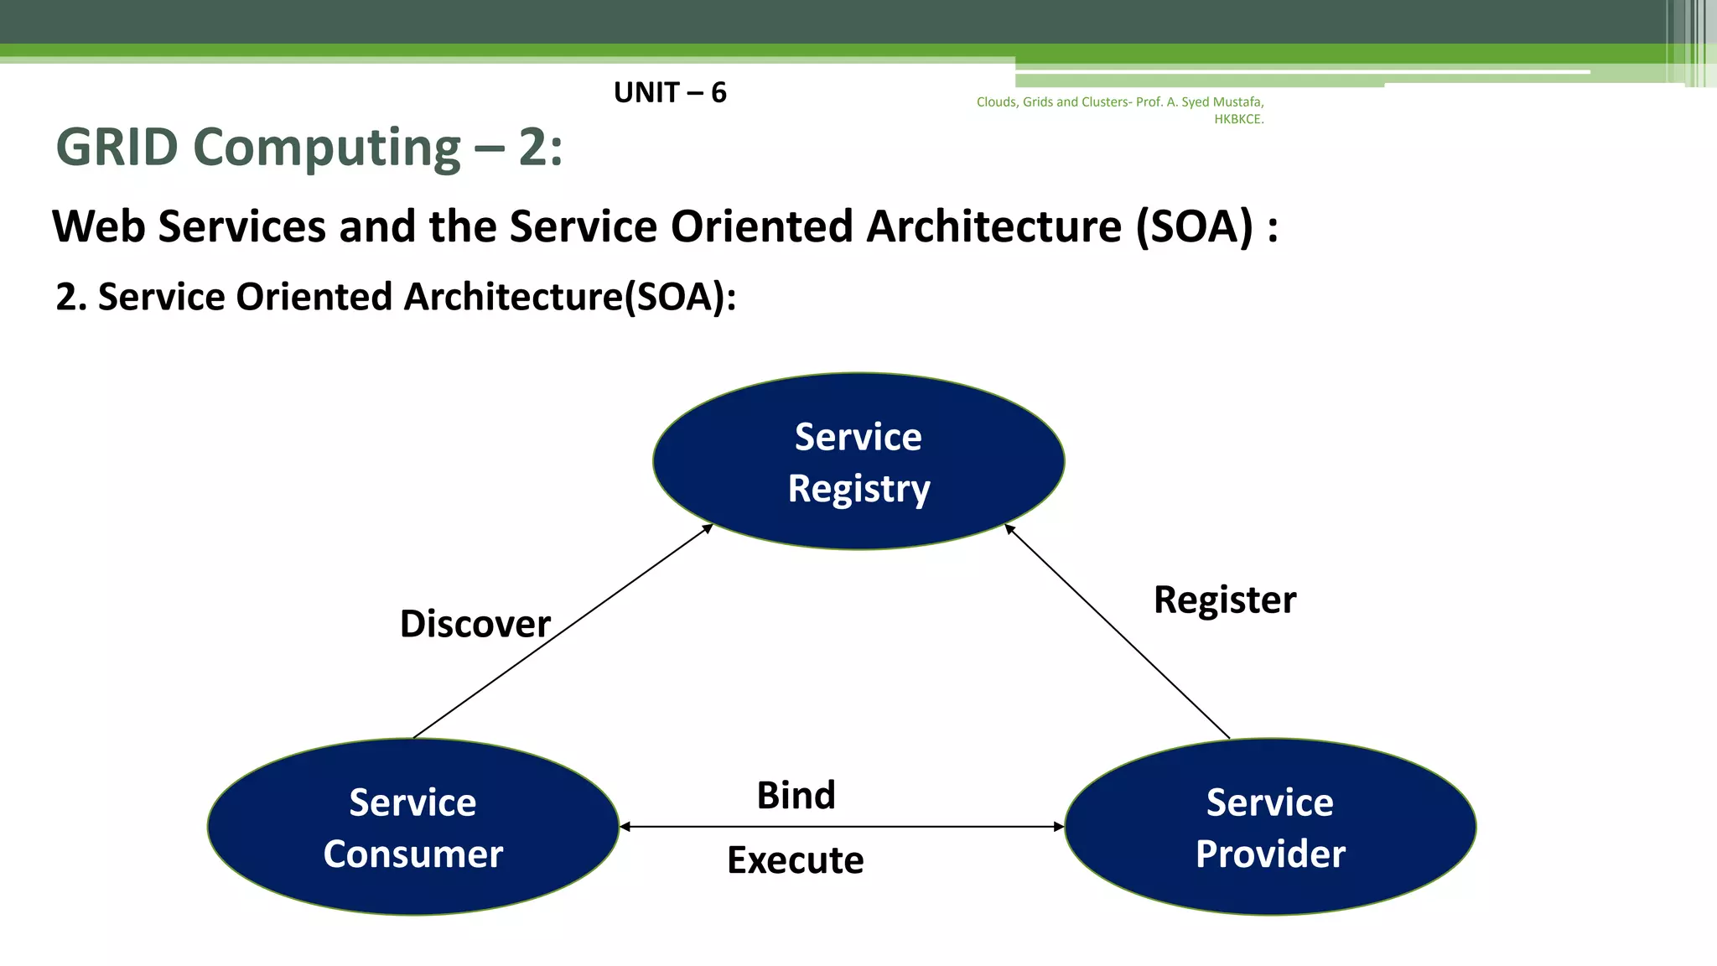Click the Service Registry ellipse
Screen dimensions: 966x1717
[x=858, y=461]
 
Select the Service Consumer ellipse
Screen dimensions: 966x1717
[x=412, y=827]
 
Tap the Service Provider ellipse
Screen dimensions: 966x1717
[x=1270, y=827]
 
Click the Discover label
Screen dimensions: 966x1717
[x=475, y=624]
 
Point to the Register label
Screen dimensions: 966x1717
[x=1224, y=600]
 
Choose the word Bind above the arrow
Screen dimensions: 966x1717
[x=796, y=795]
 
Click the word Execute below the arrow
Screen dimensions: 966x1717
[x=795, y=860]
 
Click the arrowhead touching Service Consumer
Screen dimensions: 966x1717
[x=625, y=827]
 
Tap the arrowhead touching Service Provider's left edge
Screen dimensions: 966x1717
[x=1059, y=827]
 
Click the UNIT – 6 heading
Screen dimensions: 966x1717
[x=670, y=92]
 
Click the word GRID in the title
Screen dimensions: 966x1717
[x=117, y=148]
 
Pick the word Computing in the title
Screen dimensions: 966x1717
[x=327, y=148]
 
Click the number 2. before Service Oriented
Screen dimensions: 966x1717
[x=70, y=297]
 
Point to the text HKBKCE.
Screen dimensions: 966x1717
[x=1238, y=119]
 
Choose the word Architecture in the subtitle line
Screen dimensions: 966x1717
[x=993, y=226]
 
